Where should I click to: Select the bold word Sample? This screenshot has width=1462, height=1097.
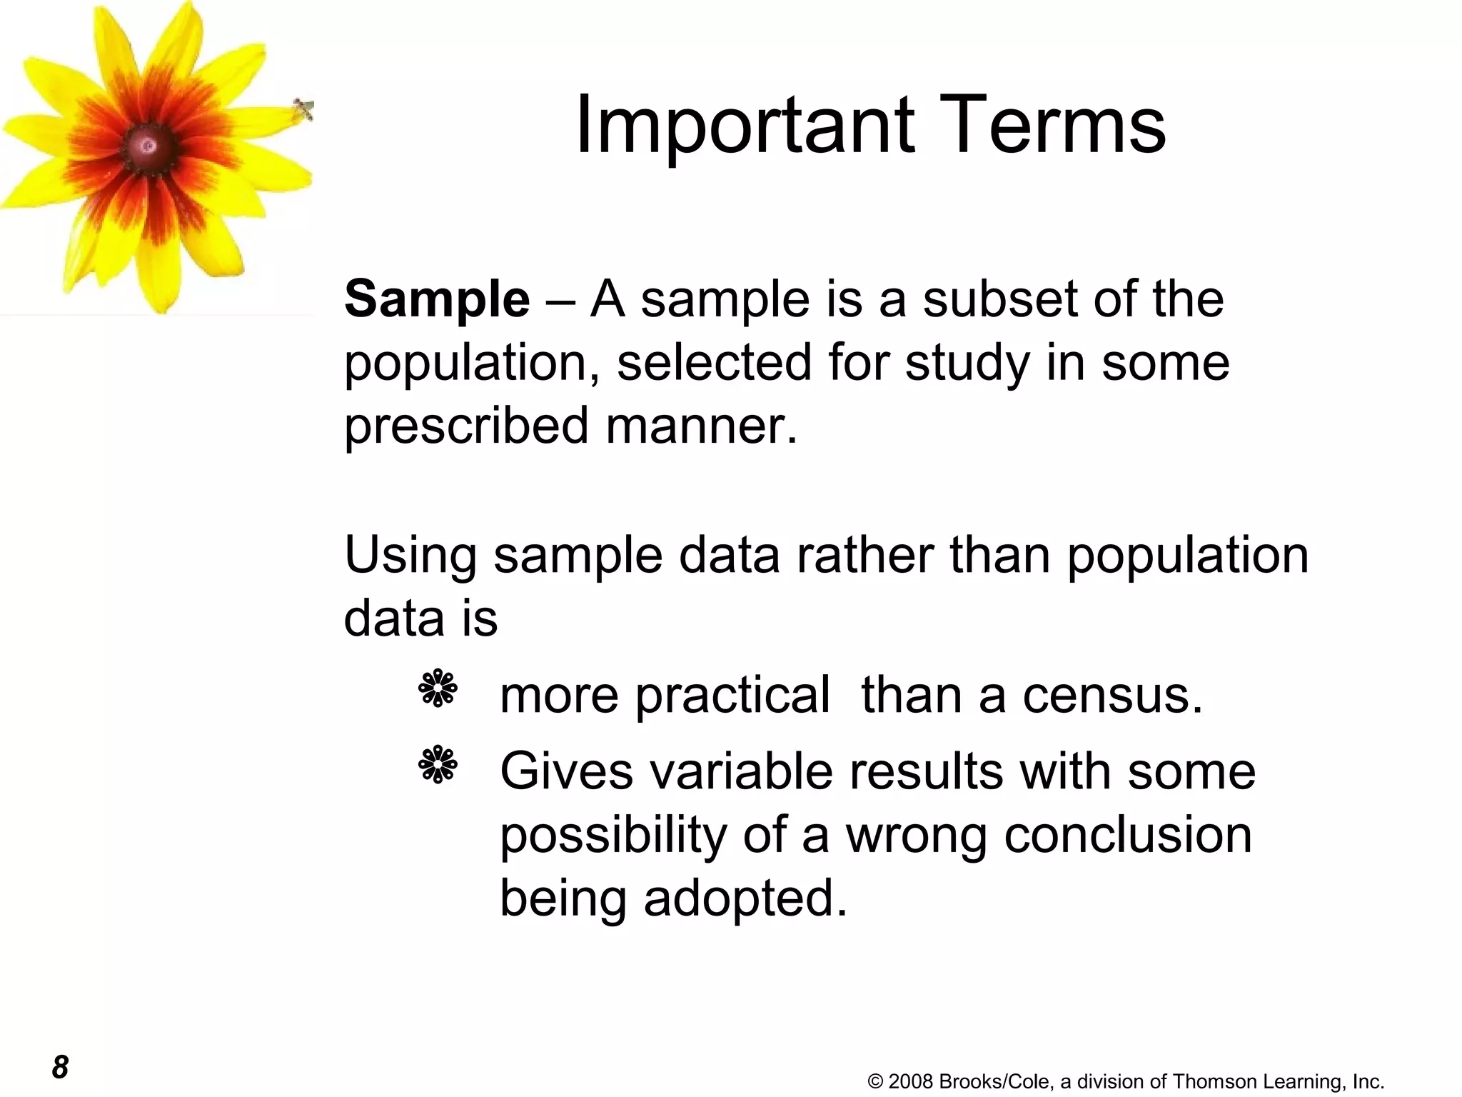pyautogui.click(x=437, y=299)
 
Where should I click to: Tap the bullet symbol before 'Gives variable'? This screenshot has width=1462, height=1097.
pyautogui.click(x=438, y=766)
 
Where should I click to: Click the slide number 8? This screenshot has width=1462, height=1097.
pyautogui.click(x=60, y=1067)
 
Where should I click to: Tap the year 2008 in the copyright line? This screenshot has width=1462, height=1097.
pyautogui.click(x=911, y=1081)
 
